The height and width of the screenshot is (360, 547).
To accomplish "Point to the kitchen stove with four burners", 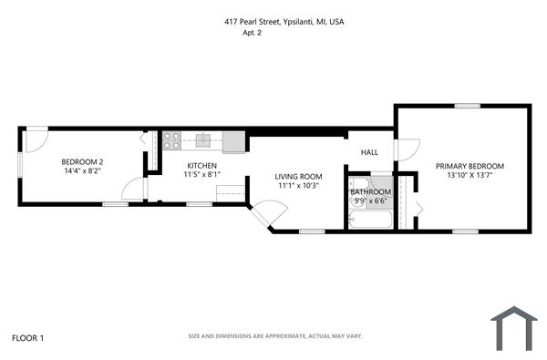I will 171,140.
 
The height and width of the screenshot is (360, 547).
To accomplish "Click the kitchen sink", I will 202,140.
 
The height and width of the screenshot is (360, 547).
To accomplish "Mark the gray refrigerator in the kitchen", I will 233,141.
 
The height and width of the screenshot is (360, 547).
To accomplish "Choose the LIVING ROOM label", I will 299,176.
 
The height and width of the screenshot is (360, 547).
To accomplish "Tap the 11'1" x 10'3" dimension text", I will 299,186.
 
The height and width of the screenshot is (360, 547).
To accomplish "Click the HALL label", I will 369,152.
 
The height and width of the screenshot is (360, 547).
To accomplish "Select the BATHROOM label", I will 371,191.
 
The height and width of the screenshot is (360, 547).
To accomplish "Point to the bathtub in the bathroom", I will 371,220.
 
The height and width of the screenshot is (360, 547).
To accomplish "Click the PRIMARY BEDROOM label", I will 469,166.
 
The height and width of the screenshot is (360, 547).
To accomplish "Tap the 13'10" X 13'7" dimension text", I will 469,176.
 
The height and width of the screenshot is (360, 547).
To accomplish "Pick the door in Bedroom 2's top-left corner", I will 35,139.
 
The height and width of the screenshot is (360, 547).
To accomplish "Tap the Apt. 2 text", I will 253,33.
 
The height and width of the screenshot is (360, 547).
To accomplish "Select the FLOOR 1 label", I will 27,338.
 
